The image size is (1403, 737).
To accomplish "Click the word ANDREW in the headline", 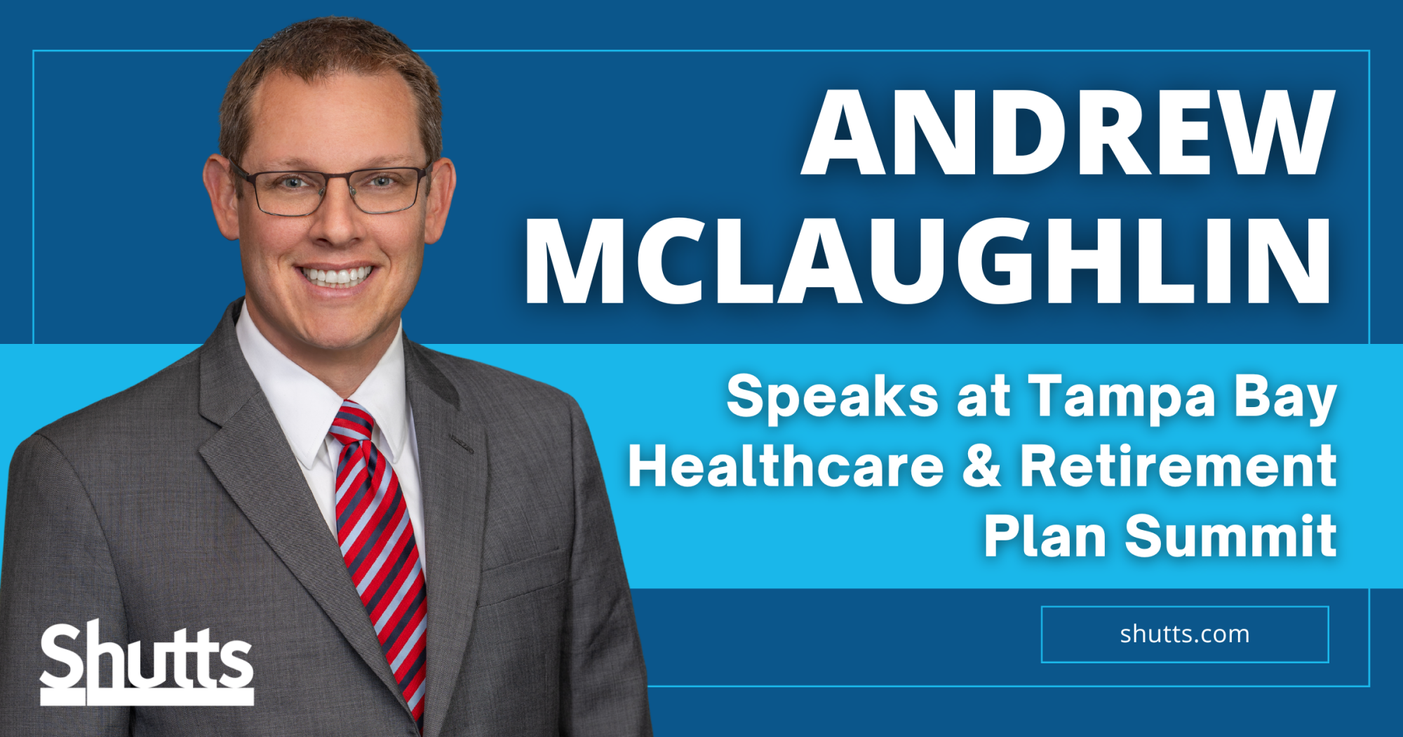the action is (x=1068, y=132).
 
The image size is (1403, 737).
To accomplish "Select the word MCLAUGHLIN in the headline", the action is (x=928, y=260).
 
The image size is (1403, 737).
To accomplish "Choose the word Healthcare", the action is (x=786, y=466).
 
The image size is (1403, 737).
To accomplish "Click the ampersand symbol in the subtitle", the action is (x=981, y=466).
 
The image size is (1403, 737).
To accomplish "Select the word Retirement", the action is (x=1179, y=466).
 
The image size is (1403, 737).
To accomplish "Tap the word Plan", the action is (x=1045, y=536).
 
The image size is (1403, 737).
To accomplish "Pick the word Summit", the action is (x=1231, y=536).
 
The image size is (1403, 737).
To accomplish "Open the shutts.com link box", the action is (x=1185, y=635).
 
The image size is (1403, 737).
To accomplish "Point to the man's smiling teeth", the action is (x=337, y=276).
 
